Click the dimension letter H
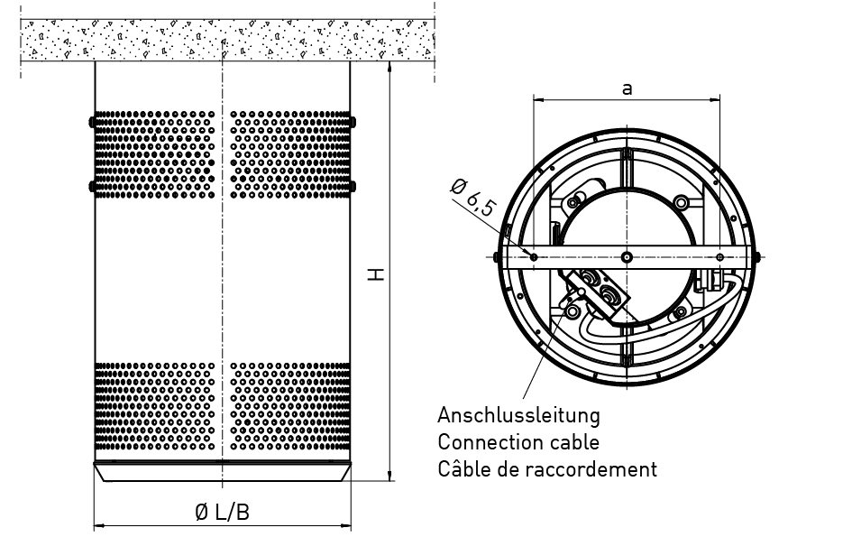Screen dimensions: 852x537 point(375,273)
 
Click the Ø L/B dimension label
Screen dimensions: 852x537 point(222,512)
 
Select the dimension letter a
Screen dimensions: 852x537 point(627,88)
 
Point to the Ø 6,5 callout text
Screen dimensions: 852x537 point(473,198)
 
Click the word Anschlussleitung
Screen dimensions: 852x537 point(519,415)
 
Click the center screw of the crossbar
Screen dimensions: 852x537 point(627,257)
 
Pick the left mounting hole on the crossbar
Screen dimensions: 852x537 point(534,257)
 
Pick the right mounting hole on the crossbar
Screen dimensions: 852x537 point(720,257)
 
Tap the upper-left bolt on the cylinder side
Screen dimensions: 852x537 point(92,122)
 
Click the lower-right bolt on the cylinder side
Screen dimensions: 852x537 point(353,187)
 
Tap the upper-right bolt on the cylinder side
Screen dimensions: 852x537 point(353,122)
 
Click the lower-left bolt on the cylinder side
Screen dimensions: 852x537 point(92,187)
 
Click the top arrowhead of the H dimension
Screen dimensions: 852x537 point(390,67)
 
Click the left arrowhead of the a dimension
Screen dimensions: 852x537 point(539,99)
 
